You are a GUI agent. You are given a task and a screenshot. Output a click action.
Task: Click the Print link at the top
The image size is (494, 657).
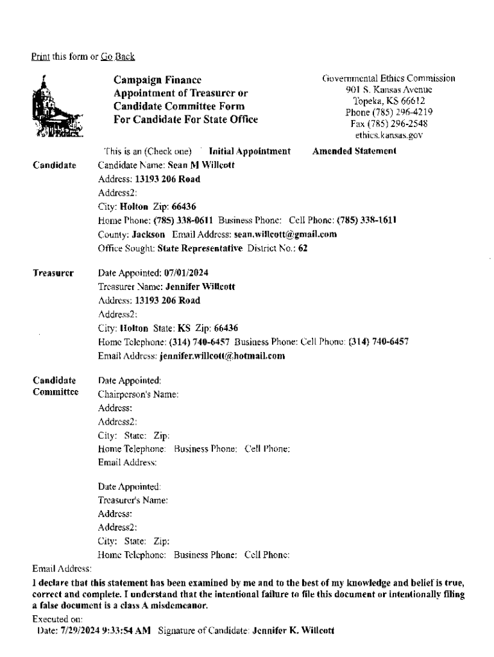[x=40, y=57]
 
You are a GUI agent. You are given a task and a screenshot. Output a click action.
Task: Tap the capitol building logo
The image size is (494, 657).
[x=57, y=107]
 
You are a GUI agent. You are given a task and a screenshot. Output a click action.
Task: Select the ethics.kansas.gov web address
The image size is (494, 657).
[x=389, y=135]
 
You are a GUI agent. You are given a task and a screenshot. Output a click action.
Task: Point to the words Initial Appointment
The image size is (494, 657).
[x=250, y=151]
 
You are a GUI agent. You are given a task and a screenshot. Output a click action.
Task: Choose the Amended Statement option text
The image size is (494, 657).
[x=353, y=151]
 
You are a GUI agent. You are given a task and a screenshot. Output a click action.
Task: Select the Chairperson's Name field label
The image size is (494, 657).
[x=138, y=394]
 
